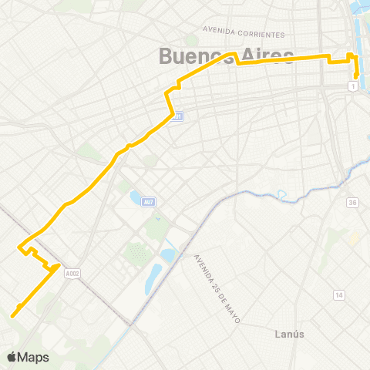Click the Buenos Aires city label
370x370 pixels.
pyautogui.click(x=225, y=55)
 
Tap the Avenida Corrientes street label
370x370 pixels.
pyautogui.click(x=244, y=34)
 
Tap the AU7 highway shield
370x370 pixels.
pyautogui.click(x=150, y=201)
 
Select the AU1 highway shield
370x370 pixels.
pyautogui.click(x=177, y=116)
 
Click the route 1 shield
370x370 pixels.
pyautogui.click(x=352, y=86)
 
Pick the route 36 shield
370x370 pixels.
pyautogui.click(x=353, y=203)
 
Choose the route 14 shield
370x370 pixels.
pyautogui.click(x=338, y=295)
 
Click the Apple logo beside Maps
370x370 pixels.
pyautogui.click(x=12, y=357)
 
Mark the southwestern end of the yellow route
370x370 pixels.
pyautogui.click(x=13, y=314)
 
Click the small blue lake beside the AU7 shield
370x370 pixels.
pyautogui.click(x=136, y=199)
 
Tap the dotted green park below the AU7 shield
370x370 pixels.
pyautogui.click(x=137, y=252)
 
